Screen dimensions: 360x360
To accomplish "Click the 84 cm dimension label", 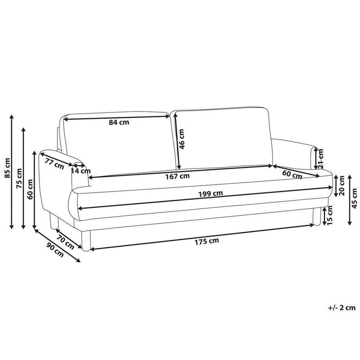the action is [119, 122].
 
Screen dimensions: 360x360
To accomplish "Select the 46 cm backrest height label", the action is [182, 139].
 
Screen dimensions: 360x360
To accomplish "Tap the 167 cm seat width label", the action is [178, 176].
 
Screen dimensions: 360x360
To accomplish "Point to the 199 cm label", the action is [211, 194].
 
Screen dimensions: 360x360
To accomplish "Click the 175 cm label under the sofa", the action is [207, 241].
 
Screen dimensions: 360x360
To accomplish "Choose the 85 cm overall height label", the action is [7, 168].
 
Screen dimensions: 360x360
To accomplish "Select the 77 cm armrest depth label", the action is [54, 164].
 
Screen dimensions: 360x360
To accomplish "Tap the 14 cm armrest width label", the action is [81, 171].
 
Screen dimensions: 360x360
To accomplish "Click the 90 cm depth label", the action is [55, 250].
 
